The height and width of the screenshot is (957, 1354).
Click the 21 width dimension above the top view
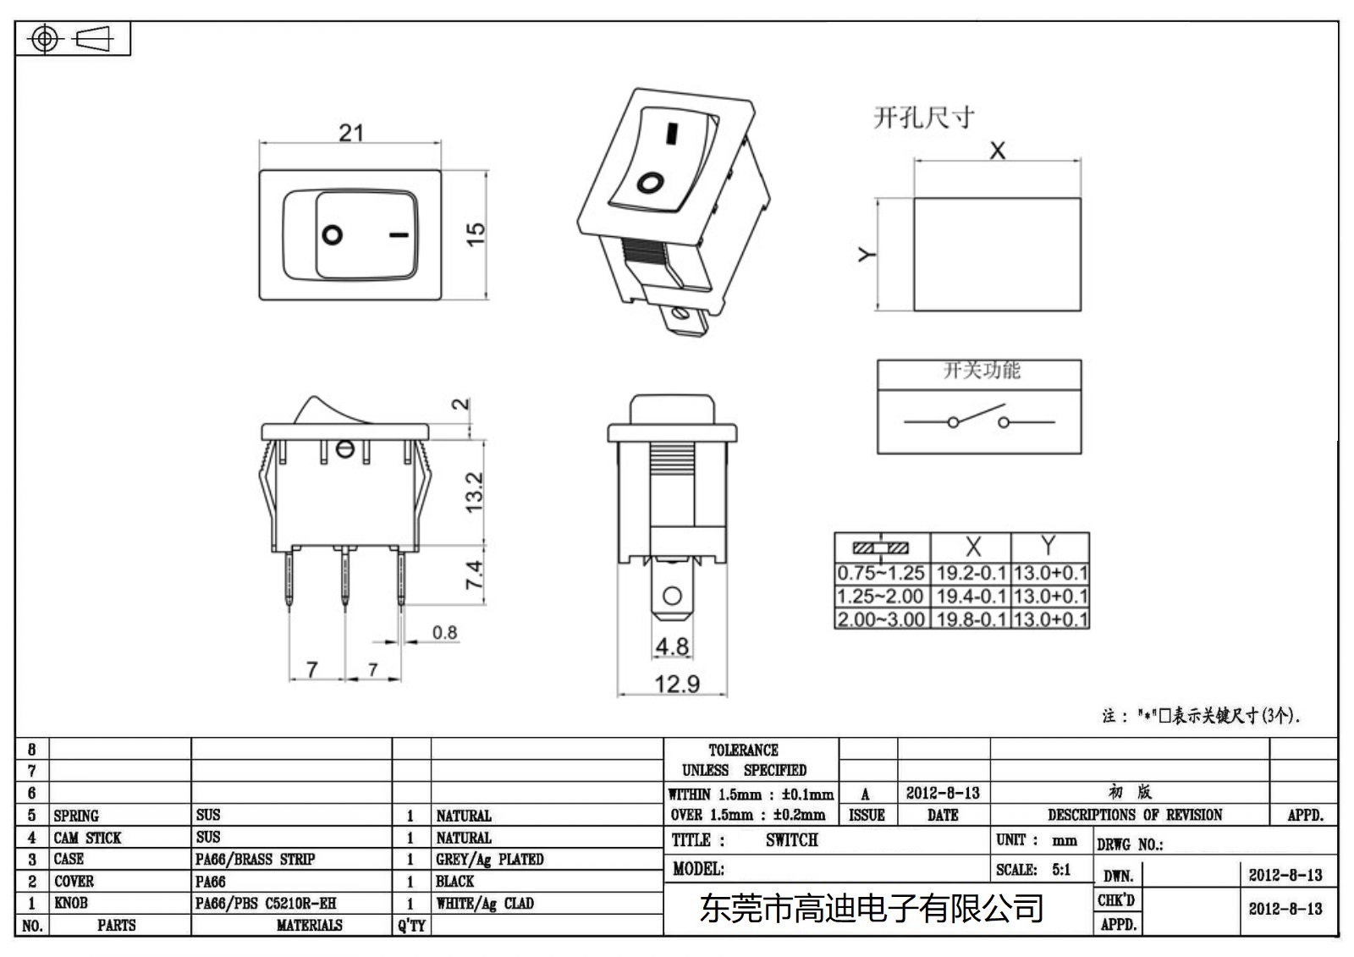[x=351, y=133]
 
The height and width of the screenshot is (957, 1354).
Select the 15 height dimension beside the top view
[x=476, y=234]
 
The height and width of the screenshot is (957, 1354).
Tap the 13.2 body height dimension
[x=474, y=492]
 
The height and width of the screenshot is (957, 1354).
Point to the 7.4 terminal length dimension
[x=474, y=575]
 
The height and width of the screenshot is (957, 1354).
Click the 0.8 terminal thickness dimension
[x=444, y=632]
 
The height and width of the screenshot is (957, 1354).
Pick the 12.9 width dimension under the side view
[x=676, y=684]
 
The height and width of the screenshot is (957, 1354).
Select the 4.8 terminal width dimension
[x=672, y=646]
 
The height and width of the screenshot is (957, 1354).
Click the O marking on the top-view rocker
[x=333, y=234]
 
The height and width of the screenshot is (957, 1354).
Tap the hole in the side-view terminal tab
[x=673, y=595]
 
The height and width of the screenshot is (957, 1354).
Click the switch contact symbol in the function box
[x=978, y=419]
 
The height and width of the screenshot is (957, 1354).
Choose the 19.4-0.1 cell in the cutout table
[x=971, y=597]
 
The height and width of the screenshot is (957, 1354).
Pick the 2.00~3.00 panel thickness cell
[x=881, y=619]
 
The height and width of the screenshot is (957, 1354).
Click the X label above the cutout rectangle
[x=998, y=151]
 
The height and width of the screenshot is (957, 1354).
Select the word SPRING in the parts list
[x=76, y=816]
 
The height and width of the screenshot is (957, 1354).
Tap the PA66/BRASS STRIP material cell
[x=255, y=860]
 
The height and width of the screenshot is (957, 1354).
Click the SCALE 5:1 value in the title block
[x=1060, y=870]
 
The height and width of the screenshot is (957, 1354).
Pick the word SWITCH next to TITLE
[x=791, y=840]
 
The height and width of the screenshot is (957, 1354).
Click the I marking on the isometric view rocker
[x=672, y=134]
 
